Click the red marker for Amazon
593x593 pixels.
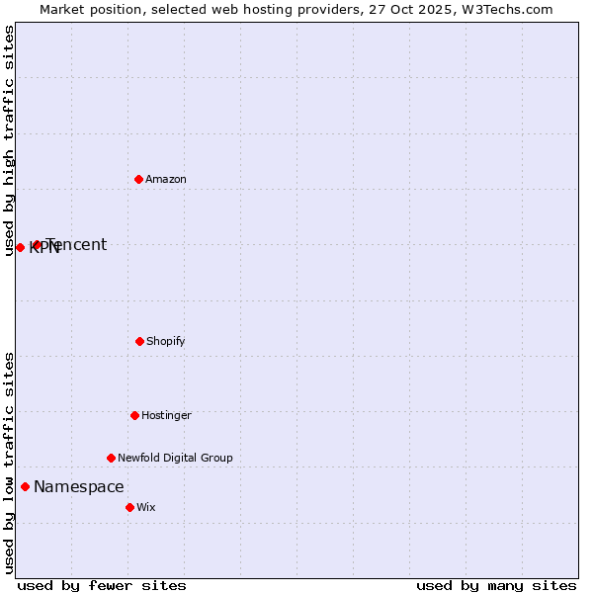pos(138,179)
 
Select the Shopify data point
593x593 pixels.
pos(139,341)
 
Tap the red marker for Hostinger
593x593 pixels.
pos(134,415)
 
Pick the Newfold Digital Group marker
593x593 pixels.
pos(111,458)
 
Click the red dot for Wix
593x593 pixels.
pos(129,507)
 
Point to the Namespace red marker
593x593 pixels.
pos(25,486)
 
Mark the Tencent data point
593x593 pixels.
pos(37,244)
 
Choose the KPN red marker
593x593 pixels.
pos(20,247)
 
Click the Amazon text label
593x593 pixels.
pos(166,179)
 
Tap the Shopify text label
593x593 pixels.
pos(166,341)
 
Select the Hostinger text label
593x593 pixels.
pos(166,415)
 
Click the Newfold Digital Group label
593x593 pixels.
pos(175,458)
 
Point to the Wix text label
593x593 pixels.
pos(146,507)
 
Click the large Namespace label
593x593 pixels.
pos(79,486)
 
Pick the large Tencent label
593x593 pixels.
pos(77,244)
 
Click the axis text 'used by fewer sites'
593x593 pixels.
pos(102,585)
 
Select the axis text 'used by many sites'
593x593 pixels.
pos(496,585)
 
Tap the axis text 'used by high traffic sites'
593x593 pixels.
pos(9,140)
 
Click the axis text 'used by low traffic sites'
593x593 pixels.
pos(9,463)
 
